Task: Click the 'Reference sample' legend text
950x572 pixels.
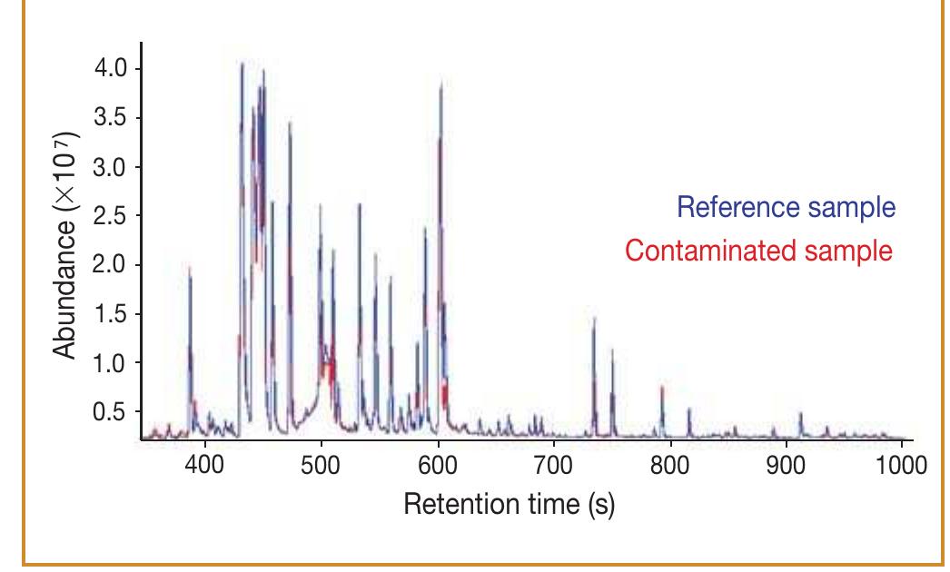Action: tap(787, 207)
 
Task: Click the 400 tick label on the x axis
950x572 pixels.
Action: tap(204, 463)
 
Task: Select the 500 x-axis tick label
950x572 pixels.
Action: tap(321, 463)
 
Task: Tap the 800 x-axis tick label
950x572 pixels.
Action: tap(670, 463)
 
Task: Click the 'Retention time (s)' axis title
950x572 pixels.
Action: tap(509, 502)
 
